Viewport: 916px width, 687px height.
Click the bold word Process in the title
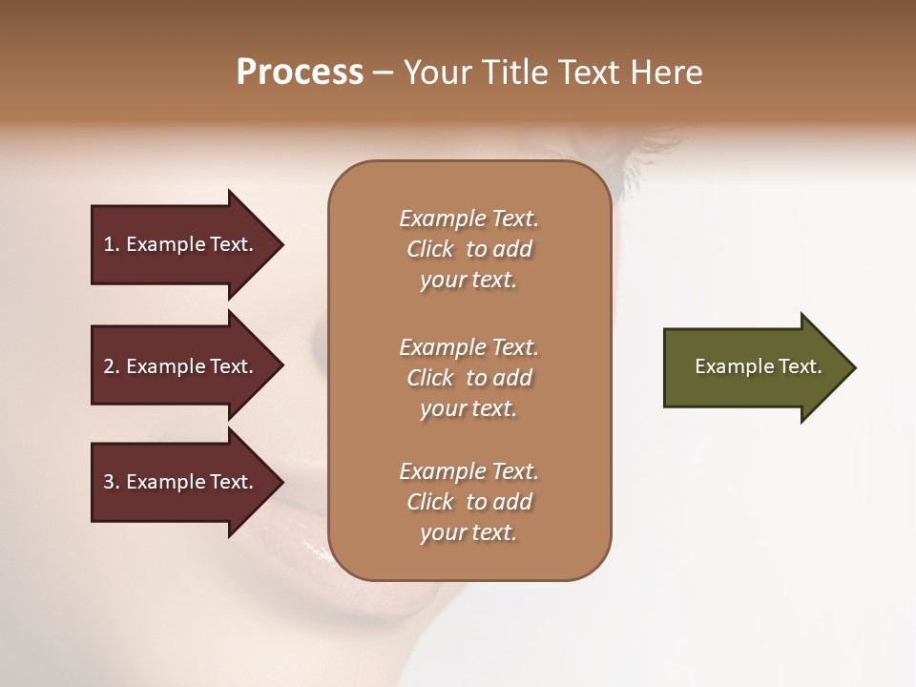point(300,73)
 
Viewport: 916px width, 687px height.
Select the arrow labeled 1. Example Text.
point(181,244)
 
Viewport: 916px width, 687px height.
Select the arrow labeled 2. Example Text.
point(181,366)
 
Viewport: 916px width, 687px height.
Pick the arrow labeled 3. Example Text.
point(181,482)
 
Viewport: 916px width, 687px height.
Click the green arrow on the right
point(754,367)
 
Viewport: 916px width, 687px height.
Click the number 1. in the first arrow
point(112,244)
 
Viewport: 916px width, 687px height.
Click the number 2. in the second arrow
point(112,366)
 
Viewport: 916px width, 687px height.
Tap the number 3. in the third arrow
point(112,482)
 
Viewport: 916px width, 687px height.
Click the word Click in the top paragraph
point(430,249)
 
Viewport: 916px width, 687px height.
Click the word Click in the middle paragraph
point(430,378)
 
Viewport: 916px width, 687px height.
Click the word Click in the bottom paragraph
point(430,502)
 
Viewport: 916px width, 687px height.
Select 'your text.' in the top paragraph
point(468,281)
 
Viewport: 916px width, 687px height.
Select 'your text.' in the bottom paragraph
point(468,533)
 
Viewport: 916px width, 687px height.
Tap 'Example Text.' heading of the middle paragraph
point(468,347)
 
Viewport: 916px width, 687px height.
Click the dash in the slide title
point(383,73)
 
